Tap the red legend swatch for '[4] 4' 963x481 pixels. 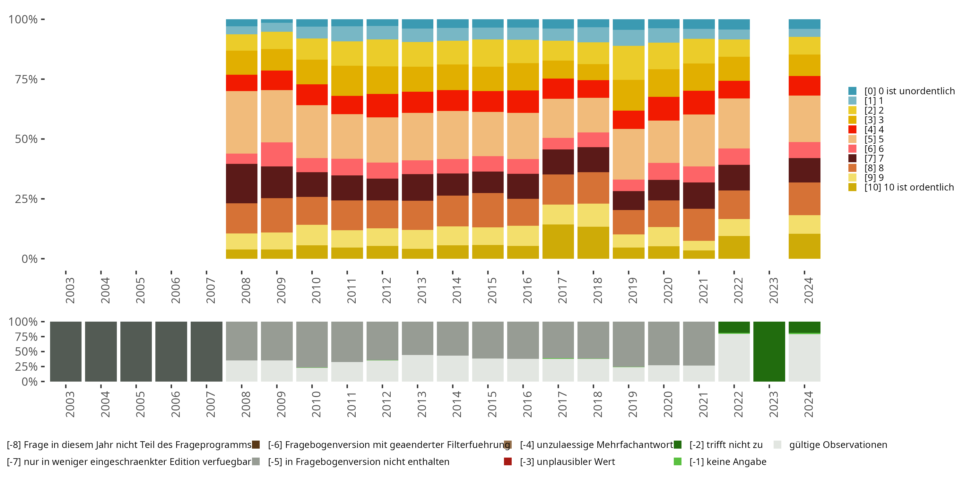tap(852, 130)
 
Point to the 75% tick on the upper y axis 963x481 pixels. tap(43, 79)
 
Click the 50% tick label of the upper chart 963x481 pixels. tap(26, 139)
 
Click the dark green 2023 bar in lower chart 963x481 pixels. tap(769, 351)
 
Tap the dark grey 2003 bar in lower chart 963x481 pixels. tap(66, 351)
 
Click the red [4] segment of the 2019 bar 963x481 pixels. tap(629, 120)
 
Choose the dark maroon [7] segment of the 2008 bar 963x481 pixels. tap(241, 183)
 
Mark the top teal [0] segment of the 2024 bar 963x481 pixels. tap(804, 24)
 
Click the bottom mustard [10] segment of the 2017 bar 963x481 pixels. tap(558, 241)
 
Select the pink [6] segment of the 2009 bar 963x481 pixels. tap(277, 154)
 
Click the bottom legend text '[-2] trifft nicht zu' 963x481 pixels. tap(725, 445)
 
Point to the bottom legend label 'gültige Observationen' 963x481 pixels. tap(838, 445)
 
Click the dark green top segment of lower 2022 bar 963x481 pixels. tap(734, 327)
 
